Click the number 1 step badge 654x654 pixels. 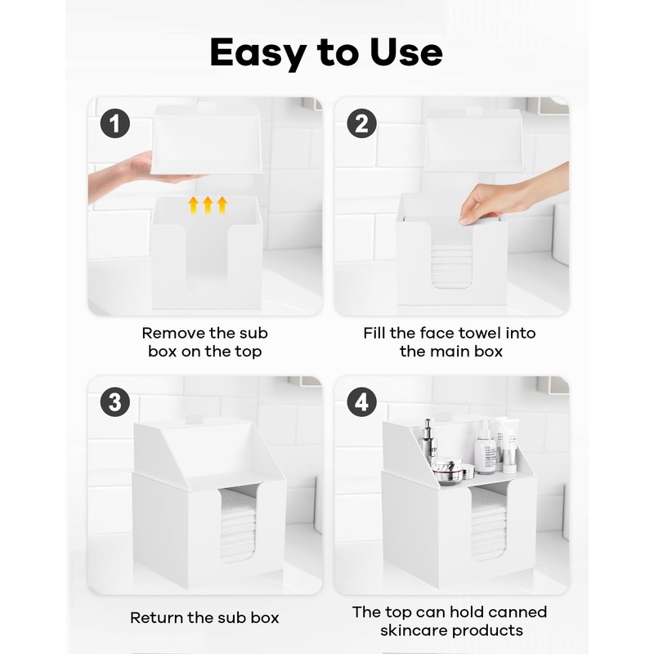tap(115, 123)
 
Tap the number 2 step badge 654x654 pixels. tap(361, 123)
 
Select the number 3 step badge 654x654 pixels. tap(115, 402)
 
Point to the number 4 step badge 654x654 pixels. tap(361, 402)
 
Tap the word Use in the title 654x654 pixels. tap(405, 52)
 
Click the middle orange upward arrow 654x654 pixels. tap(208, 205)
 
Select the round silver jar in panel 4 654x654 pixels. tap(448, 472)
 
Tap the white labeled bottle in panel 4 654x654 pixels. tap(485, 449)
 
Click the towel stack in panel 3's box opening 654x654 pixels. tap(237, 524)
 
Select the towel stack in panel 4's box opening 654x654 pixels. tap(488, 524)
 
